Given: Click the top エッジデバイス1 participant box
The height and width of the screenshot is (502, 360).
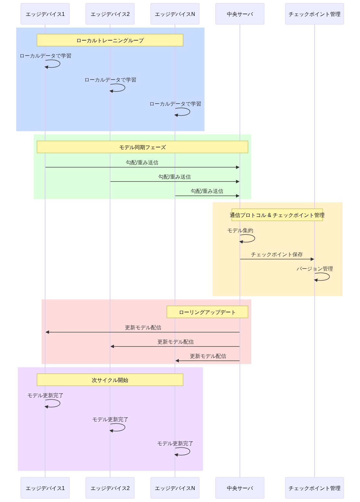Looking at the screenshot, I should coord(45,14).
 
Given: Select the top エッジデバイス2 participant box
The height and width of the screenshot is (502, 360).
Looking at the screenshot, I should coord(110,14).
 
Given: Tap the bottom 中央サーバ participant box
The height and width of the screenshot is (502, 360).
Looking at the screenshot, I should coord(240,488).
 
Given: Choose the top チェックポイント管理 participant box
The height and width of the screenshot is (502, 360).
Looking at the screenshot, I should coord(314,14).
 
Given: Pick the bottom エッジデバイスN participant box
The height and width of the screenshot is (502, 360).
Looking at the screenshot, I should coord(175,488).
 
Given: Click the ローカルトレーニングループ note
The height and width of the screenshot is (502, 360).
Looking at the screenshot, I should coord(110,40).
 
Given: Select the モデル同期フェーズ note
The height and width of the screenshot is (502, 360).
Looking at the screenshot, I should coord(143,147).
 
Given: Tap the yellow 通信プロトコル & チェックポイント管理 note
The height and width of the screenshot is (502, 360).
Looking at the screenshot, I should coord(277,215).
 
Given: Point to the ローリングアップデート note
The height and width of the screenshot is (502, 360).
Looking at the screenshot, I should coord(207,312).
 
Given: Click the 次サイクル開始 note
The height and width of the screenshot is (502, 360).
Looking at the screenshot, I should coord(110,380).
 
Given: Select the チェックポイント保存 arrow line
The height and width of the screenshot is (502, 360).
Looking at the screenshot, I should coord(277,259).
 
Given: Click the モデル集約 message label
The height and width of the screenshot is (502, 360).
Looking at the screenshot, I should coord(240,231).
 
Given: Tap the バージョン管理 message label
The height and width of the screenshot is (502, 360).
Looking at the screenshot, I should coord(315,269).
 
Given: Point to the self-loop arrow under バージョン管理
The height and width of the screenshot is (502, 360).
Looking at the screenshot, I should coord(329,277).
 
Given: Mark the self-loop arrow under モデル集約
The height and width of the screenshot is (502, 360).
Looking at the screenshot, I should coord(254,238).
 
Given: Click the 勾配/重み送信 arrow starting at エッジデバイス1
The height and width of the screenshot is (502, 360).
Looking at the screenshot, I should coord(143,167).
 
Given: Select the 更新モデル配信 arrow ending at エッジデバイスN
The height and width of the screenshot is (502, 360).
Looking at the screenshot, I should coord(207,361).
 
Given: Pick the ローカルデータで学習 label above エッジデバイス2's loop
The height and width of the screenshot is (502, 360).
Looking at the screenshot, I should coord(110,80).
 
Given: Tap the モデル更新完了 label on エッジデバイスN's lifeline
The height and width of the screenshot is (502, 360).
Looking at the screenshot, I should coord(175,444).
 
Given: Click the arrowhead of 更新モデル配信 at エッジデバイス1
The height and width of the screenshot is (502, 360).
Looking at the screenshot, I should coord(47,332).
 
